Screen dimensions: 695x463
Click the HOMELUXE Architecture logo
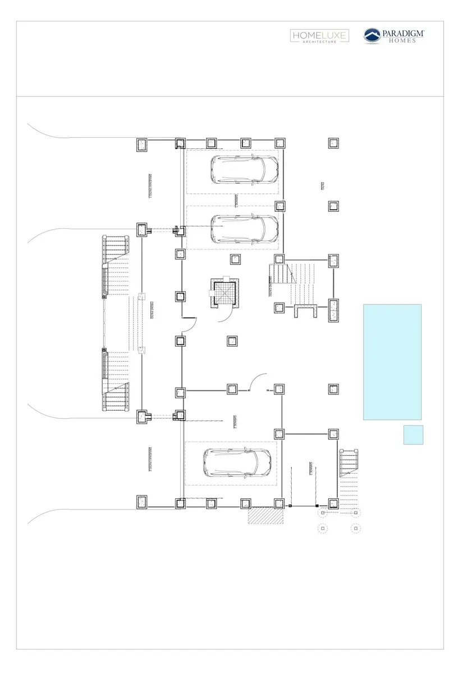(x=319, y=37)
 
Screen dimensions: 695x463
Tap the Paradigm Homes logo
(x=393, y=36)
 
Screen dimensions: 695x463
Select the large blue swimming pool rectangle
(x=392, y=362)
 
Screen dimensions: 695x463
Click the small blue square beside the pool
(x=413, y=435)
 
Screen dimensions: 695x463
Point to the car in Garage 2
(x=237, y=463)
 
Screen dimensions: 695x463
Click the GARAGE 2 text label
(x=233, y=423)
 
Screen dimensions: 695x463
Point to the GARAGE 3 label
(x=310, y=468)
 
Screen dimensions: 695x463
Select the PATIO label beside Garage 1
(x=323, y=186)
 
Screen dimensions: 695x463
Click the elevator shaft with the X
(x=224, y=293)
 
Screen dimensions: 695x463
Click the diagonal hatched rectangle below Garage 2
(x=265, y=515)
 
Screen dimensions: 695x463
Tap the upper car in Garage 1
(x=244, y=170)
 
